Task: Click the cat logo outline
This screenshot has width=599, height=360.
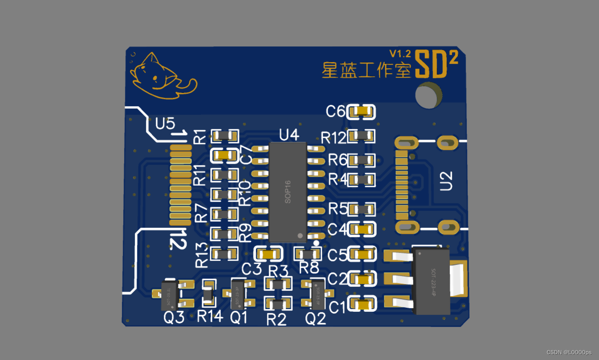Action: [161, 77]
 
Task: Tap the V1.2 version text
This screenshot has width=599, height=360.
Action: [399, 54]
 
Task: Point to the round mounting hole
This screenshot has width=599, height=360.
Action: [428, 95]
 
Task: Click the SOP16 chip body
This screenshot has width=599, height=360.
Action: [287, 192]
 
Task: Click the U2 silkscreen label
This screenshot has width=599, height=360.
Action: [446, 181]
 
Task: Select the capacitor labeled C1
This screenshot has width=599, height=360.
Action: [362, 305]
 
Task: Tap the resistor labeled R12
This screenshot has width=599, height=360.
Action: [362, 136]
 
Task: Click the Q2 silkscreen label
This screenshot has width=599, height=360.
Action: [315, 319]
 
